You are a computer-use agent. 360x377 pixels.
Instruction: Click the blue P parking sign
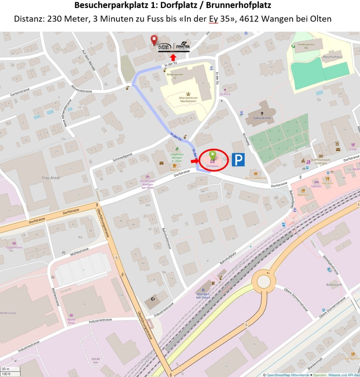click(x=238, y=160)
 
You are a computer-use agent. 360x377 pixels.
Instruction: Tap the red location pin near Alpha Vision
click(x=153, y=40)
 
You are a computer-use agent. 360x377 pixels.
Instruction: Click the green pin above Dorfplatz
click(x=213, y=155)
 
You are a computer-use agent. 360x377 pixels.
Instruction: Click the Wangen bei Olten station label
click(x=203, y=295)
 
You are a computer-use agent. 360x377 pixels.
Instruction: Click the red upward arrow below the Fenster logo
click(x=173, y=57)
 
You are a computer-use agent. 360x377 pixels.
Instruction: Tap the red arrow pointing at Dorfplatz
click(x=194, y=161)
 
